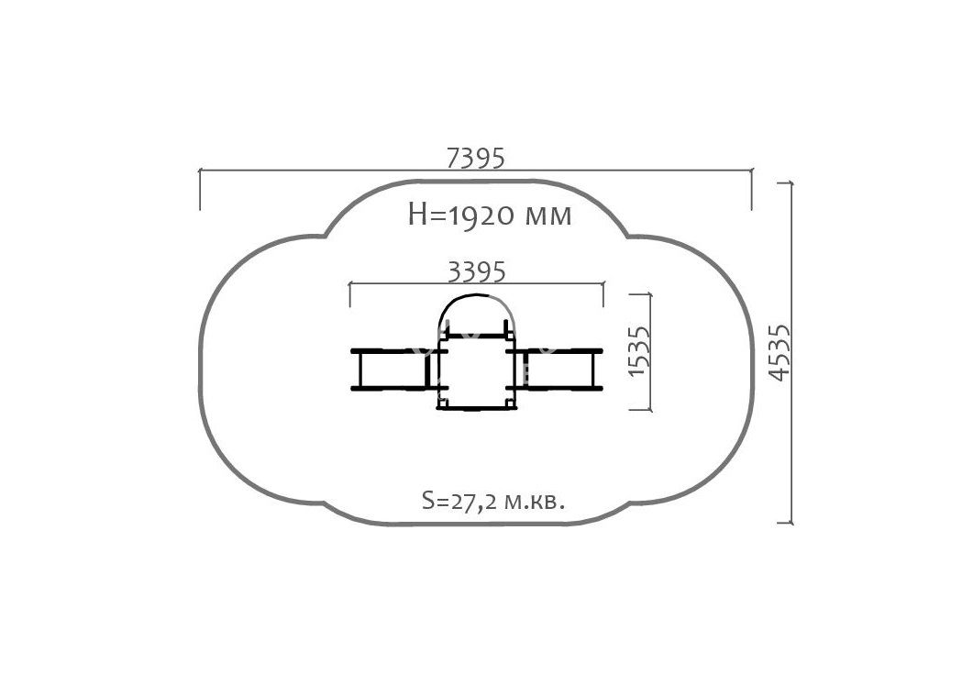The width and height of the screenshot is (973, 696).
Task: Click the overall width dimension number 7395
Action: (476, 158)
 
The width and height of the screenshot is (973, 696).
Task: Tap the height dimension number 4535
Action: (779, 352)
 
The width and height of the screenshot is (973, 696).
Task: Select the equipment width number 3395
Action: (477, 271)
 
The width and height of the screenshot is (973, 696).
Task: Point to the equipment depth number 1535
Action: (639, 350)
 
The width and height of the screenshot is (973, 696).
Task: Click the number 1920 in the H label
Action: (481, 215)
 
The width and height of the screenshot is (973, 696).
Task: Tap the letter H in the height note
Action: (417, 215)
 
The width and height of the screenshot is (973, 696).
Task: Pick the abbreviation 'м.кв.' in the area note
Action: (534, 502)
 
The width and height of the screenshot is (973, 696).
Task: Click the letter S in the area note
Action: (427, 500)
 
